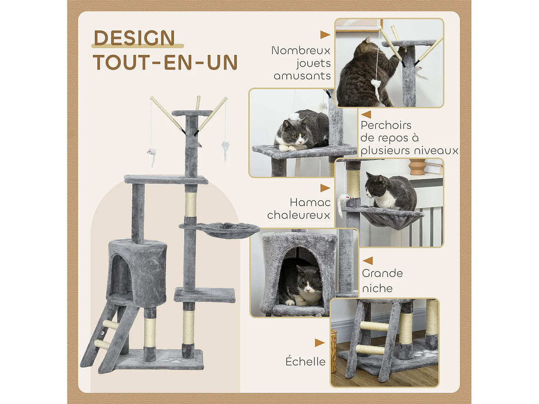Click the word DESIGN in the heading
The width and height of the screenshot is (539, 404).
134,38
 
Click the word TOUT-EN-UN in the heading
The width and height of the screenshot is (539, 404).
165,62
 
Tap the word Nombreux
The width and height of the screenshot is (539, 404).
301,51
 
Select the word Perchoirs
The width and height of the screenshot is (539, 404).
386,125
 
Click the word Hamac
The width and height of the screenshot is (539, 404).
310,203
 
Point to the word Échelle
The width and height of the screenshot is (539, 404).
305,362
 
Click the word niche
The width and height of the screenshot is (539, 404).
377,288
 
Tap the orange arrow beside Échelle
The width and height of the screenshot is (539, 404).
319,343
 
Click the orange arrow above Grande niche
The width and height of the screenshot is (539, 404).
368,261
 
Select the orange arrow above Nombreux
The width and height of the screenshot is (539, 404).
325,35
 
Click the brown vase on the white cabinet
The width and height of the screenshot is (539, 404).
417,167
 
